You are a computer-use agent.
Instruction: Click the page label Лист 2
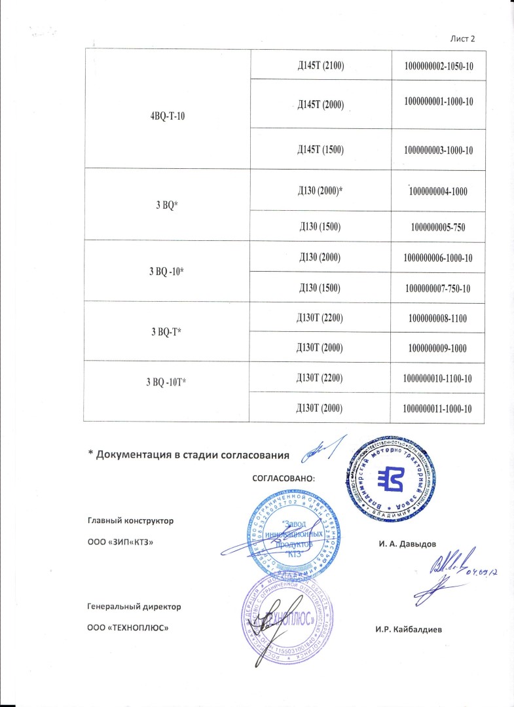coord(462,40)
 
